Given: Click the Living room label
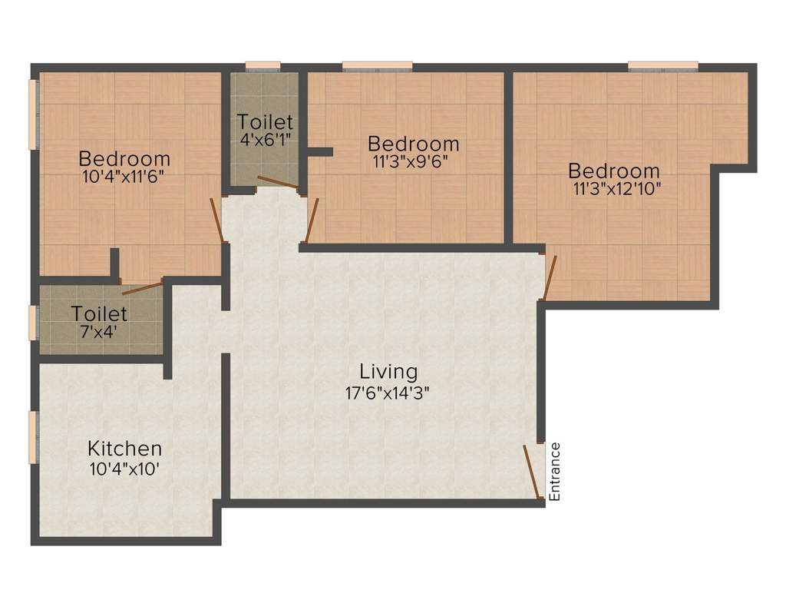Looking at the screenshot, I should tap(389, 372).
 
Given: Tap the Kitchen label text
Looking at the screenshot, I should tap(124, 448).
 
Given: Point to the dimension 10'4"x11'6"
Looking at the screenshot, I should tap(124, 177).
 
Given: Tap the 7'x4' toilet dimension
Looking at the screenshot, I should tap(100, 333).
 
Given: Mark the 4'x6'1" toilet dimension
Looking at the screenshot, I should tap(264, 139).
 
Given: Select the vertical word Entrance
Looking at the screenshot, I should tap(555, 471).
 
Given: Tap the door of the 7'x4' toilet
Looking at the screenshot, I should tap(143, 289).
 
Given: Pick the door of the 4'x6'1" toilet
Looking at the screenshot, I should tap(278, 182).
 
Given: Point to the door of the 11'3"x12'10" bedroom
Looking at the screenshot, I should tap(550, 277).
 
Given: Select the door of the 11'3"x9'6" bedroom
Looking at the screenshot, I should tap(312, 220).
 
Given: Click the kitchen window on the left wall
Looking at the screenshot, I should tap(33, 437).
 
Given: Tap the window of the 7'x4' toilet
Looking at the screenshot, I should tap(33, 323).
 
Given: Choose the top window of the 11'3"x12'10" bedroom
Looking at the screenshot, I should tap(662, 66).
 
